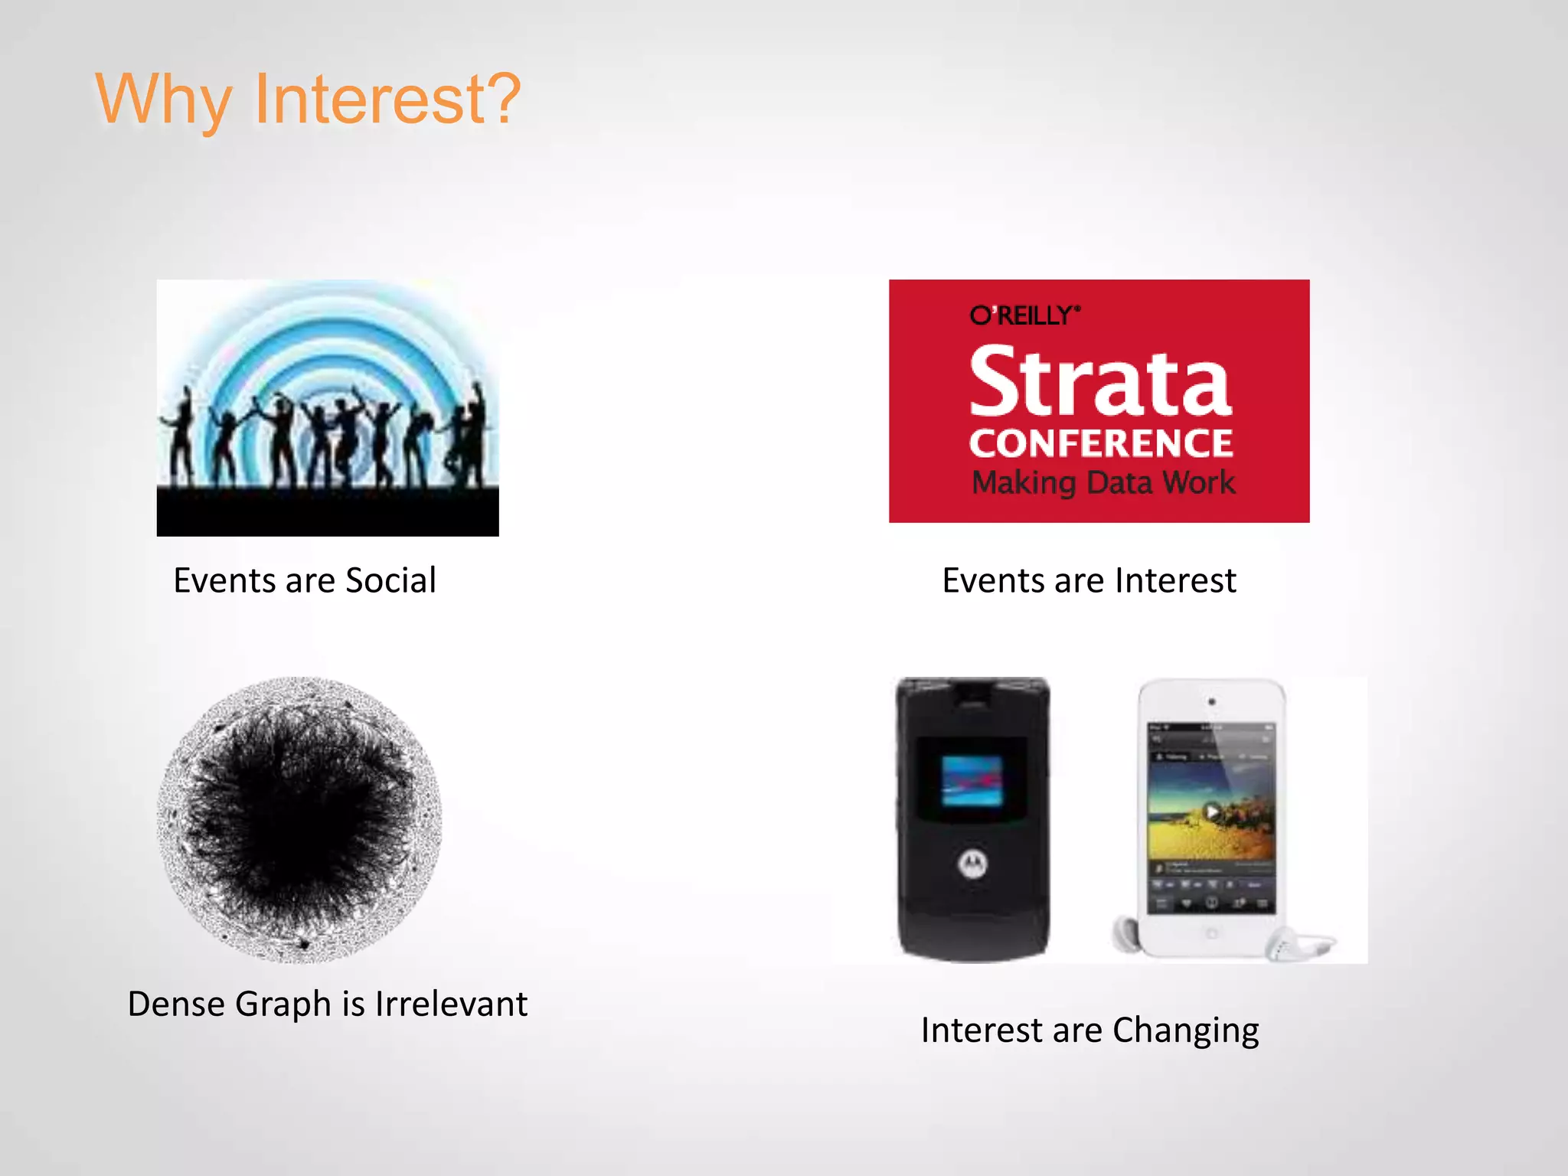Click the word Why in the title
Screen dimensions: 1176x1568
tap(162, 100)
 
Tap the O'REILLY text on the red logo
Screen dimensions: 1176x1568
tap(1024, 315)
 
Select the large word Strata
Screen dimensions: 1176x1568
tap(1100, 381)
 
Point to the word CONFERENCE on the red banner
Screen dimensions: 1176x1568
tap(1101, 443)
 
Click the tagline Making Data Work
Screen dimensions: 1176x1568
tap(1103, 483)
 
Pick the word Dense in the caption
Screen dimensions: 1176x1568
tap(175, 1004)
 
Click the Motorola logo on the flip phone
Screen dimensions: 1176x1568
tap(973, 864)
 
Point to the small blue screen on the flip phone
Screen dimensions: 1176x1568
tap(972, 781)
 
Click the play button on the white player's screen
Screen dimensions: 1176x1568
tap(1211, 812)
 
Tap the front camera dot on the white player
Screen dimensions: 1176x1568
tap(1211, 701)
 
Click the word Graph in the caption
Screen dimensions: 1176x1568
tap(283, 1004)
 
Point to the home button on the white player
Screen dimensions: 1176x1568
tap(1211, 933)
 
